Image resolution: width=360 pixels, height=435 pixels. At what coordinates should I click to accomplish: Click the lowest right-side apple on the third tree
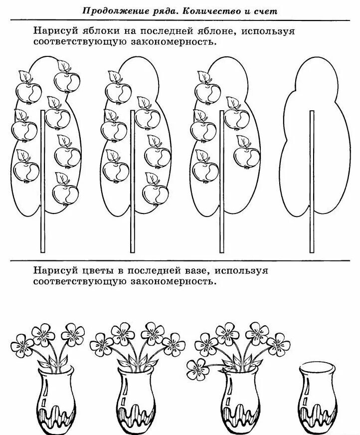point(247,155)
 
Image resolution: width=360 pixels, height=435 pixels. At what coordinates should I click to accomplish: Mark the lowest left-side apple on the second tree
point(115,170)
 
